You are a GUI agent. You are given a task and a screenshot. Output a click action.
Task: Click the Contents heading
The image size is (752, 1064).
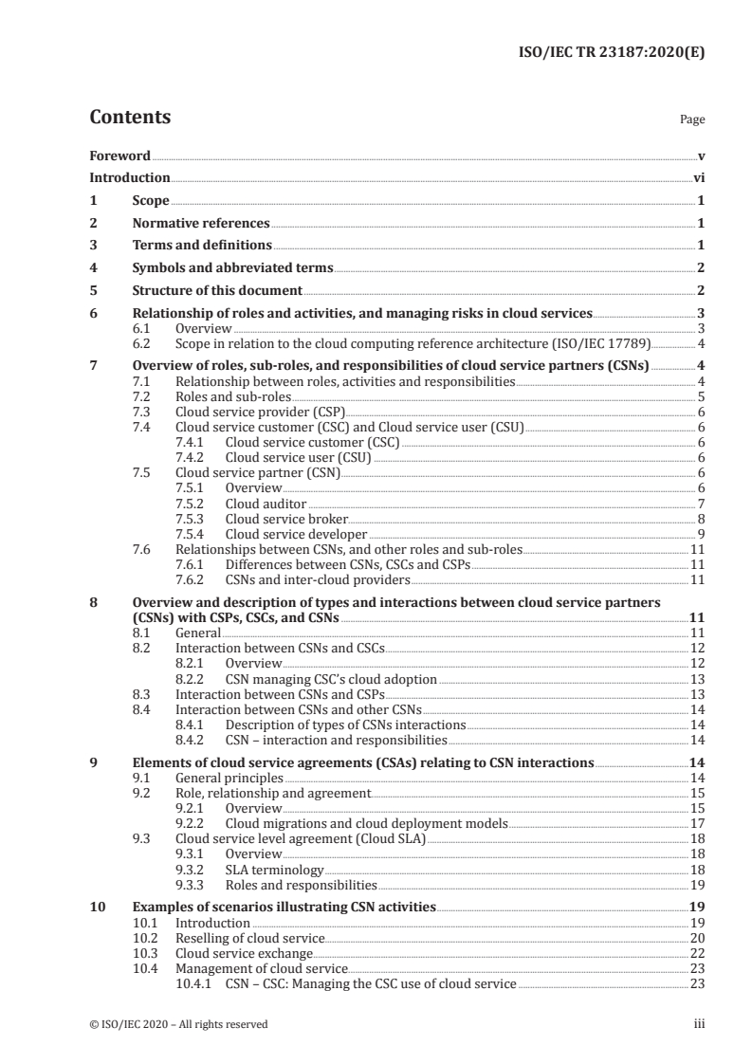(130, 118)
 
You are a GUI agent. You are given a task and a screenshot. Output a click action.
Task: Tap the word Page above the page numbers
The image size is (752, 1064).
(692, 120)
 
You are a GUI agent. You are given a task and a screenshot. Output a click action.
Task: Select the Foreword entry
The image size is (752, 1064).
(119, 156)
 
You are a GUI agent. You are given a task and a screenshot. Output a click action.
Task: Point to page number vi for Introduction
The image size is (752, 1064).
(698, 178)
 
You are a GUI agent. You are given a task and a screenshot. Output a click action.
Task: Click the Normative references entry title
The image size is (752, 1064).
(200, 224)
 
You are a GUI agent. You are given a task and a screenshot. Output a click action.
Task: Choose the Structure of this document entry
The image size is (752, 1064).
(217, 291)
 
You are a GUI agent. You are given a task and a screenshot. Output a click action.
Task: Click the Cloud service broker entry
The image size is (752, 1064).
(286, 519)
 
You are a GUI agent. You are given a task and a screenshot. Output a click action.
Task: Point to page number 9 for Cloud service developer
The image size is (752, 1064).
(700, 534)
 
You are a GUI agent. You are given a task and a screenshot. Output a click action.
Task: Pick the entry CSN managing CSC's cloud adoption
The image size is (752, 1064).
(331, 679)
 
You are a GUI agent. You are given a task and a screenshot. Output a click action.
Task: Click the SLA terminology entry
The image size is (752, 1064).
(274, 869)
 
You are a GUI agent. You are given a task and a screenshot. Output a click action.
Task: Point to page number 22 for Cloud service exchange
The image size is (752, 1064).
(695, 953)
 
